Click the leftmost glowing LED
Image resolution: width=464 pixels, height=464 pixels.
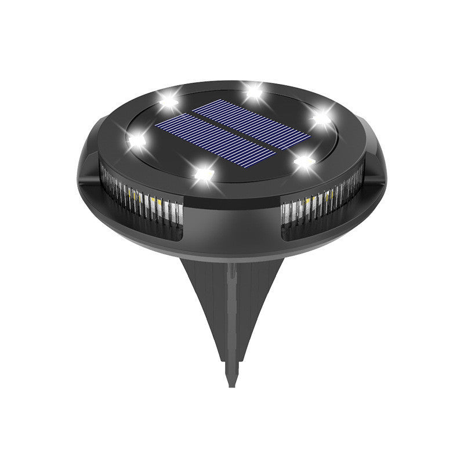137,139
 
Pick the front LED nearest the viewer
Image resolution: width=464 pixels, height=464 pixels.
202,172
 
